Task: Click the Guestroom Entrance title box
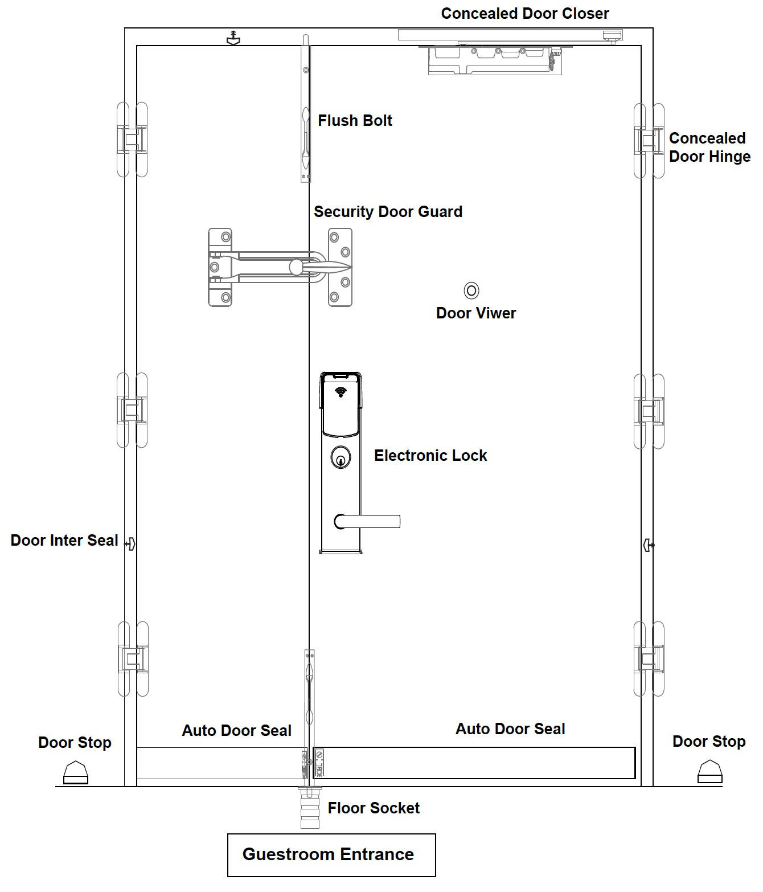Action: pos(331,855)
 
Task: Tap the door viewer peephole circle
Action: pos(471,290)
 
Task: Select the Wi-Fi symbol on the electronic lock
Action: pos(341,392)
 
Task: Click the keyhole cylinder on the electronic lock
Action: pos(341,457)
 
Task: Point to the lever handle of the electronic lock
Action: pos(367,521)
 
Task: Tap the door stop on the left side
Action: pos(76,772)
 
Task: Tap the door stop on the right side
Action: pos(710,772)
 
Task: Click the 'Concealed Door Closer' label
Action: pos(524,13)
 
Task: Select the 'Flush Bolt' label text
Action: pos(355,120)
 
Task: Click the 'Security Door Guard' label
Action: pos(388,211)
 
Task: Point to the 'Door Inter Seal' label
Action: pos(64,540)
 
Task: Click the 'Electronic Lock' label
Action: pos(430,455)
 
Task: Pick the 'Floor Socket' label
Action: pos(374,808)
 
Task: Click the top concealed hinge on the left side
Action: pos(132,140)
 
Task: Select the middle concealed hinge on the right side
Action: pos(649,411)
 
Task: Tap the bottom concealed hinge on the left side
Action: pos(133,658)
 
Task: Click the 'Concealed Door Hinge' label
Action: pos(709,147)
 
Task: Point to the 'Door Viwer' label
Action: pos(476,313)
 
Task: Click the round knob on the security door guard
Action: pos(296,267)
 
